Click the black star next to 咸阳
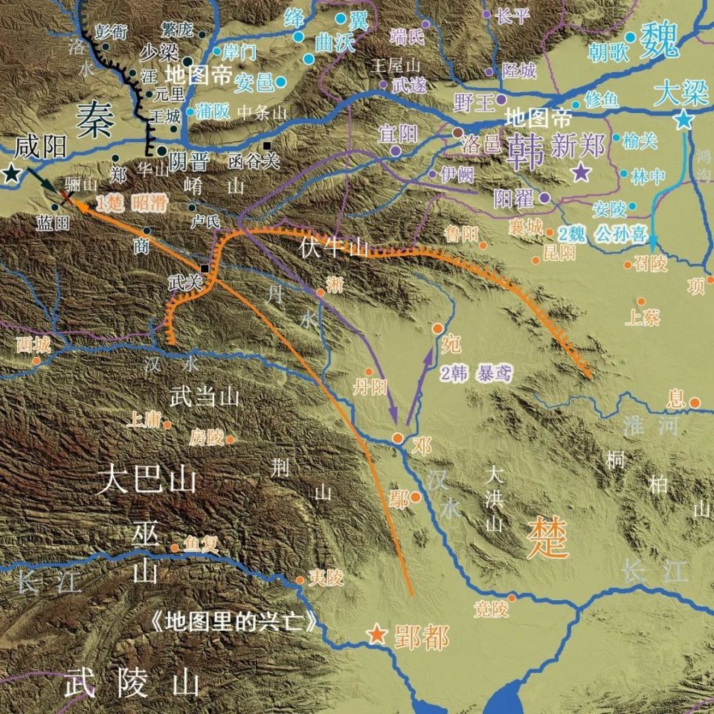(10, 174)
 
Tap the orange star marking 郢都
(378, 634)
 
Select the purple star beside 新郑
(581, 173)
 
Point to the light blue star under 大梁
(683, 119)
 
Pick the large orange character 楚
(547, 538)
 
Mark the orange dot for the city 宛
(437, 328)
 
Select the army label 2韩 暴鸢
(475, 373)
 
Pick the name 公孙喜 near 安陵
(618, 234)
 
